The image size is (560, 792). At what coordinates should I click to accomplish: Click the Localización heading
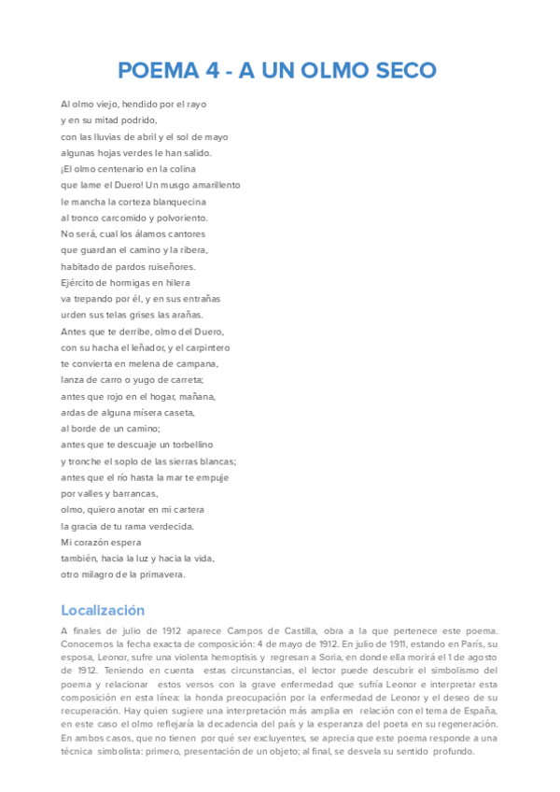coord(103,610)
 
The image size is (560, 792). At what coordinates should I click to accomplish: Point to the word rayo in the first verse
coord(195,104)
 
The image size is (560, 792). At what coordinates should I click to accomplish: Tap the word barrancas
coord(137,493)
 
